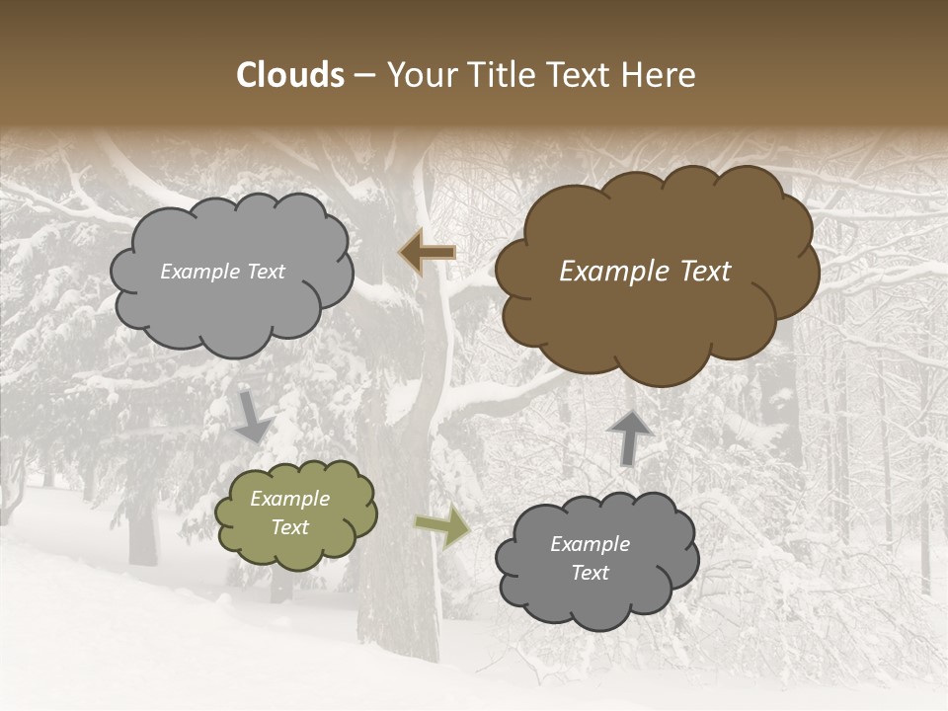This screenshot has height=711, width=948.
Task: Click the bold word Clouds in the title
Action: point(290,75)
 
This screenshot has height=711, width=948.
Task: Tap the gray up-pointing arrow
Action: point(629,435)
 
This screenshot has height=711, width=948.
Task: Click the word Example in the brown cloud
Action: point(610,272)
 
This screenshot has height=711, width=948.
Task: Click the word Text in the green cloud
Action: point(289,527)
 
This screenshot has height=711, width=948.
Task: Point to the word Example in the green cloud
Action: point(289,499)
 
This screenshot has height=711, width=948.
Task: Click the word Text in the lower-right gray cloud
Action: point(590,573)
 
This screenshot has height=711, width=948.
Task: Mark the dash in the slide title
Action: point(363,75)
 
